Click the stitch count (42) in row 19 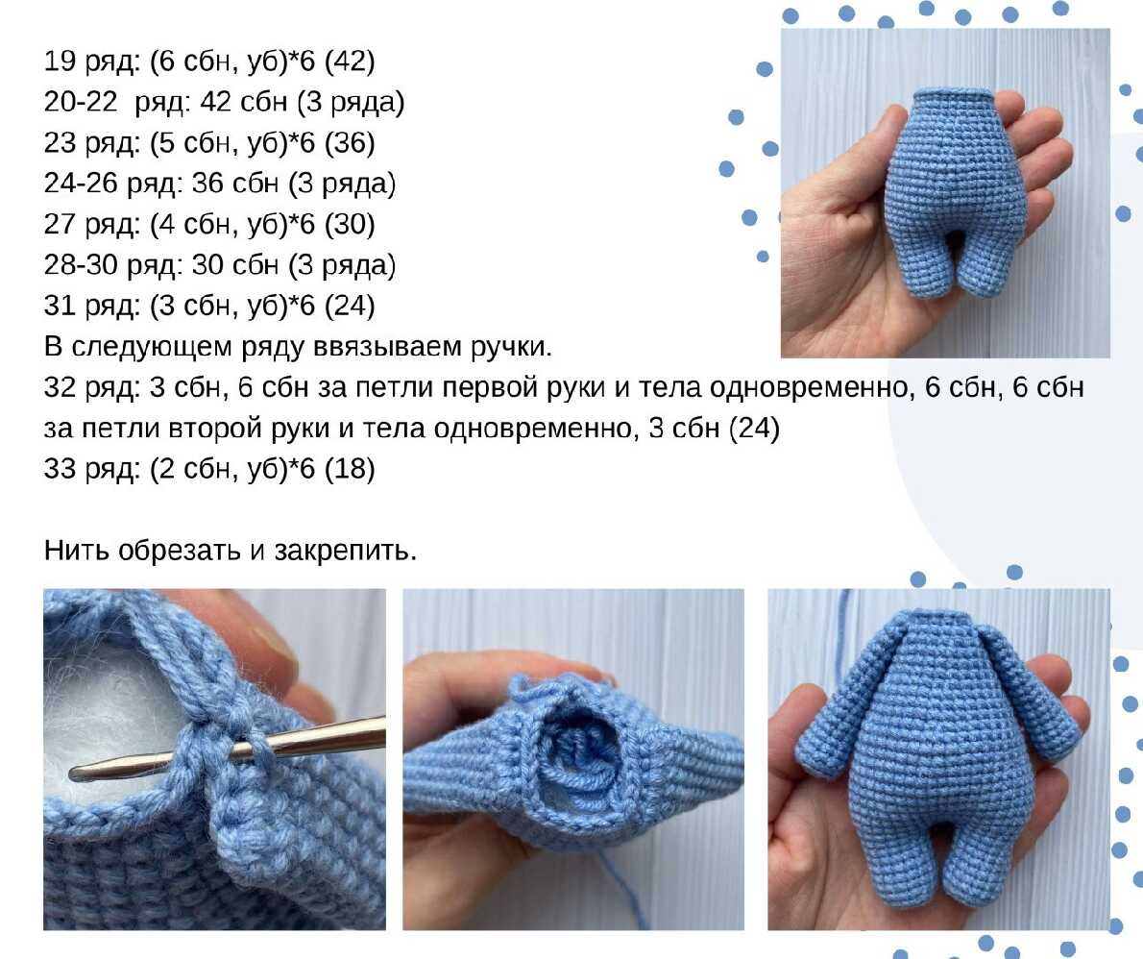pyautogui.click(x=350, y=61)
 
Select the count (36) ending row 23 pyautogui.click(x=350, y=142)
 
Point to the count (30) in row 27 pyautogui.click(x=350, y=224)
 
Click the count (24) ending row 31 pyautogui.click(x=350, y=306)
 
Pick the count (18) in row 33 pyautogui.click(x=350, y=469)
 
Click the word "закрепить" pyautogui.click(x=345, y=551)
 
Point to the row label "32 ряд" pyautogui.click(x=91, y=387)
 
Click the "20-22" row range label pyautogui.click(x=80, y=101)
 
